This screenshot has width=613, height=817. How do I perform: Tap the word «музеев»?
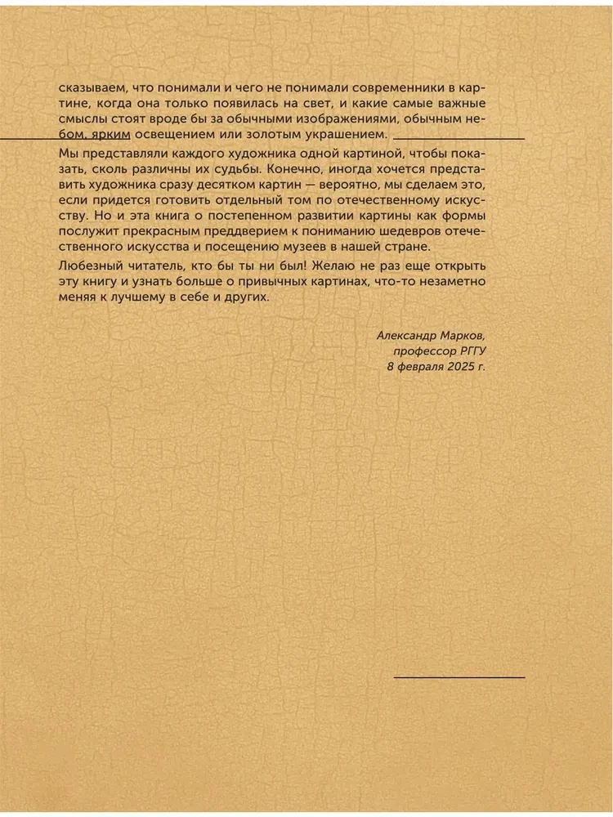363,248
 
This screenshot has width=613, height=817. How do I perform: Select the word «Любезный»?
91,268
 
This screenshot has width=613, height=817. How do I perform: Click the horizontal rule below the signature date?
459,677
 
